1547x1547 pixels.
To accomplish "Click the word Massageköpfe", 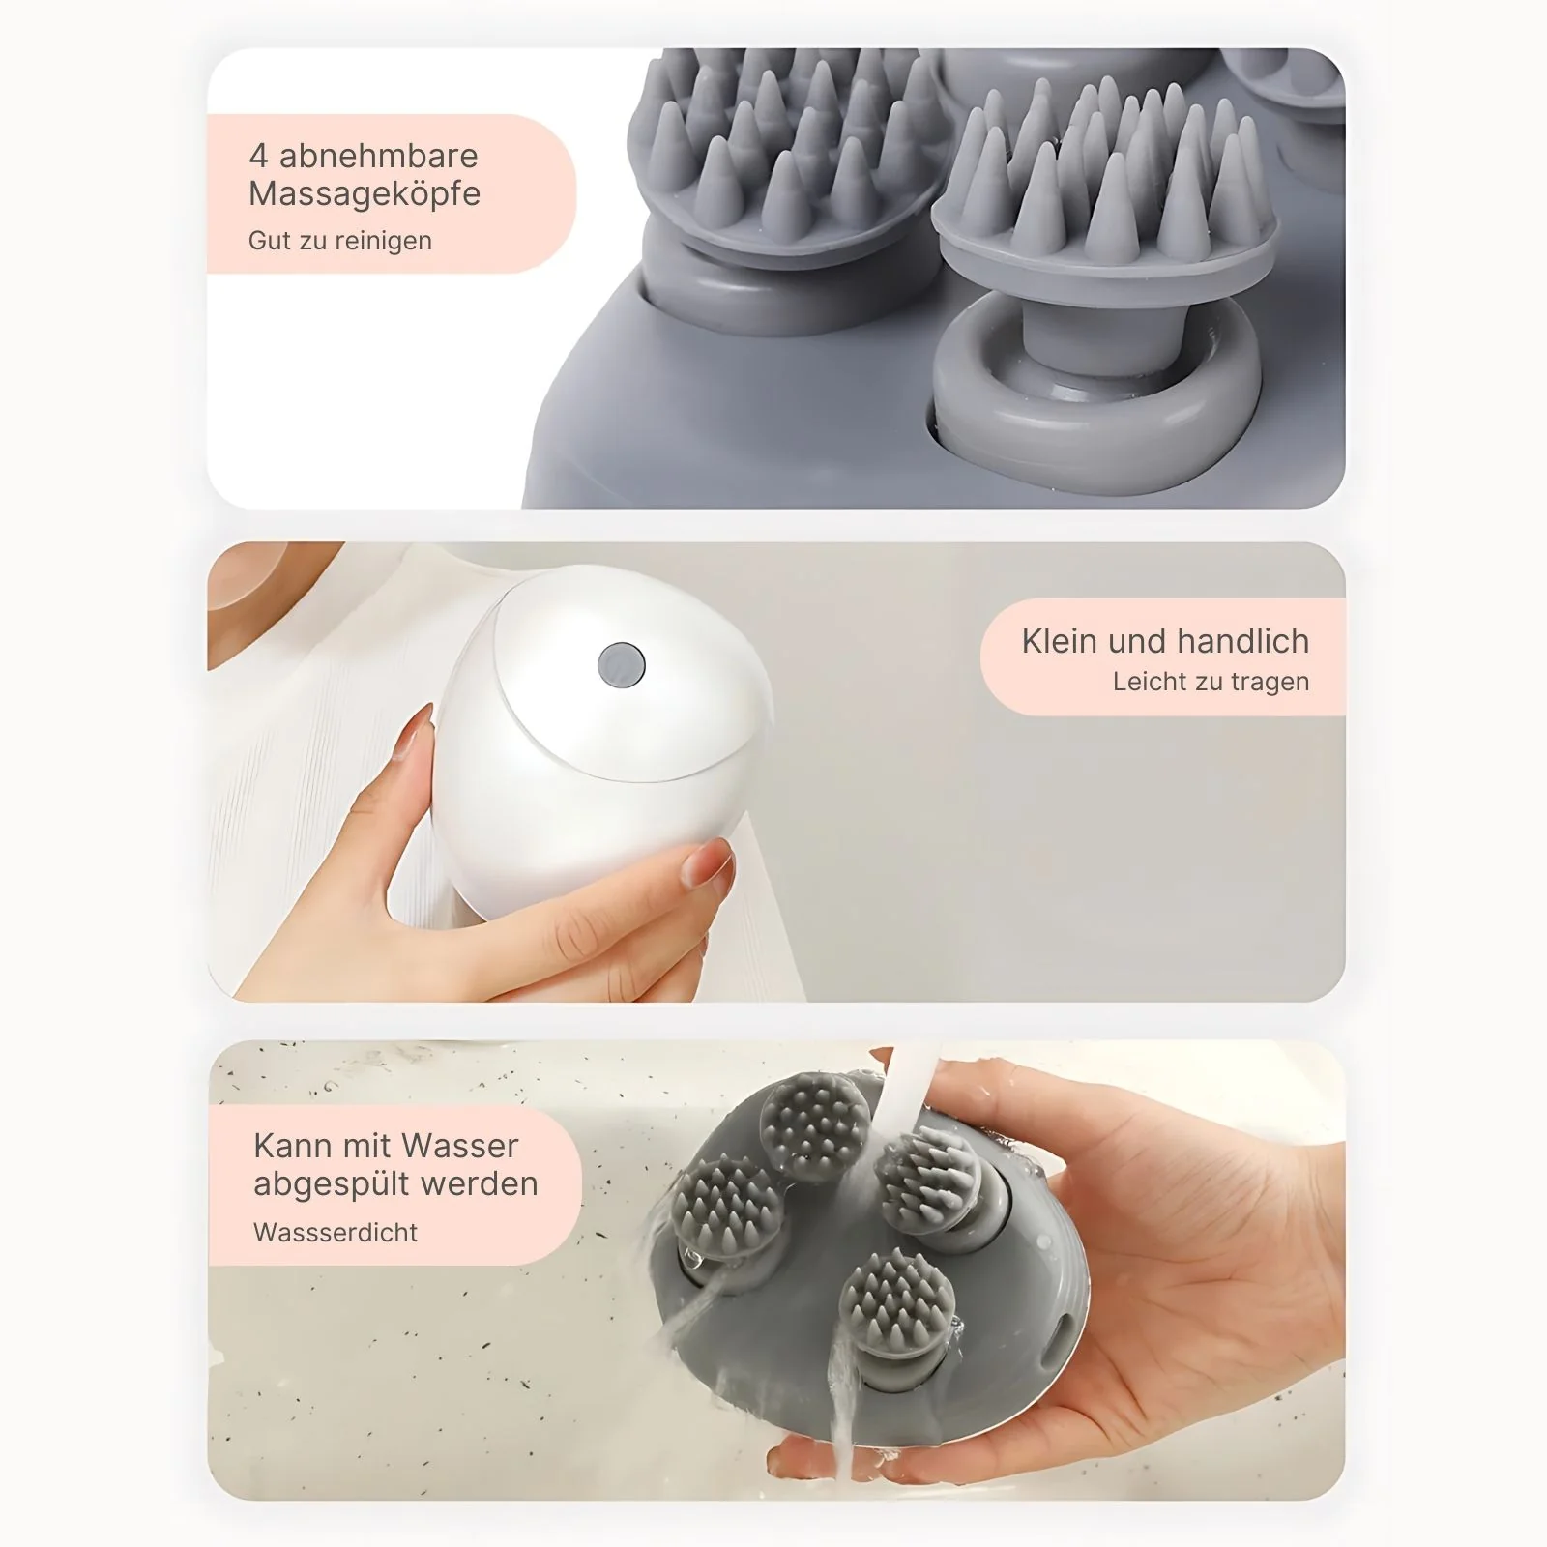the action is click(365, 194).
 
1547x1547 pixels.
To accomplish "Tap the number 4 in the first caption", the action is click(258, 156).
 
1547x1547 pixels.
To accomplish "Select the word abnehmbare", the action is click(379, 156).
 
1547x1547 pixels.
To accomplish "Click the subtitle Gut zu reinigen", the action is click(340, 241).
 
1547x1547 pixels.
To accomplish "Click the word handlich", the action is click(1244, 641).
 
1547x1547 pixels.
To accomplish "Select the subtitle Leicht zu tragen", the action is click(1211, 682).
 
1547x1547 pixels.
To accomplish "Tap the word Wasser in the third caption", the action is click(460, 1146).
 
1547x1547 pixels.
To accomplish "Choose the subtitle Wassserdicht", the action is click(336, 1233).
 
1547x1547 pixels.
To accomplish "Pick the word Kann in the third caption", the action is click(290, 1146).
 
